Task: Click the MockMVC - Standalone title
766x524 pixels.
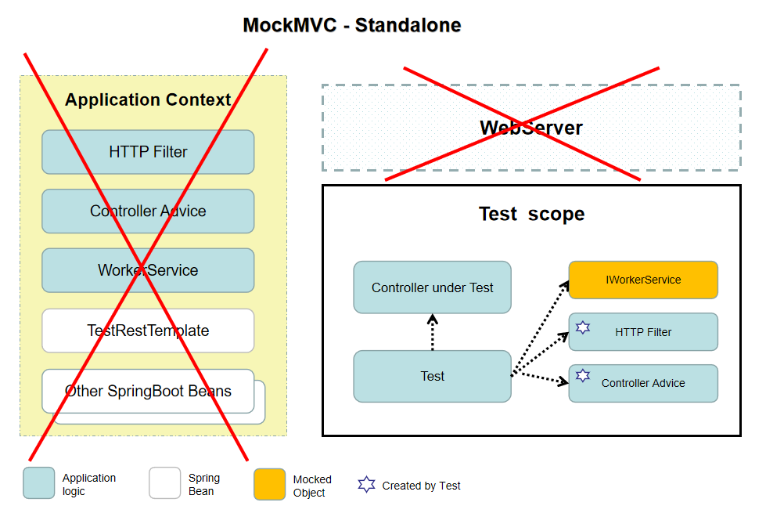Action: point(352,25)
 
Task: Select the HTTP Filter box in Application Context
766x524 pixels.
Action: point(148,152)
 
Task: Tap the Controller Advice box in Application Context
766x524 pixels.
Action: point(148,211)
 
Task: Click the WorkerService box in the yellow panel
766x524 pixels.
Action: point(148,270)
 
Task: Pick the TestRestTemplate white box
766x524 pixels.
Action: point(148,331)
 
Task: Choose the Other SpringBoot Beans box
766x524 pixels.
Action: point(148,391)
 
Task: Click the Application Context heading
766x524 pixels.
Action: point(148,100)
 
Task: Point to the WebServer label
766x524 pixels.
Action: point(530,128)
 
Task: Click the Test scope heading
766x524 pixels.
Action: point(531,214)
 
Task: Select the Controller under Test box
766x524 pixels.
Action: point(432,287)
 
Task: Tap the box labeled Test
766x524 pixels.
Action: point(432,376)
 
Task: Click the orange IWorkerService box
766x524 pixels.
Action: point(642,280)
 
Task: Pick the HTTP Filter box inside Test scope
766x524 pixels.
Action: point(642,332)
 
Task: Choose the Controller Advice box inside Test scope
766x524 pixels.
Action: point(642,383)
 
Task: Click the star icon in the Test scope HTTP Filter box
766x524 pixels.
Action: point(582,326)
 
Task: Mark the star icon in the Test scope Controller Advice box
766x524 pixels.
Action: point(582,376)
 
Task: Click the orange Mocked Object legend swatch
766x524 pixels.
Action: point(269,484)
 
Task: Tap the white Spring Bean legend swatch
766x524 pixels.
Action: point(164,483)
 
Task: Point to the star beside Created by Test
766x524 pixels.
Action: point(366,485)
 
